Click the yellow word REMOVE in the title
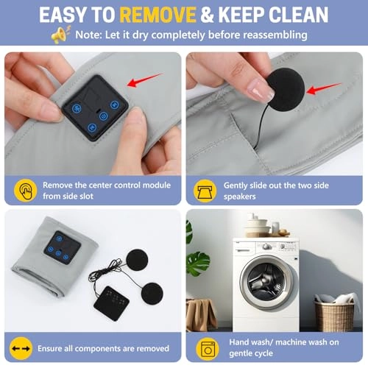[x=158, y=15]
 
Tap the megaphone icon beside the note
[x=60, y=35]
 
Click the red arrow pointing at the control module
[x=145, y=79]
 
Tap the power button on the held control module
[x=104, y=116]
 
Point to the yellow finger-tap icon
[x=25, y=191]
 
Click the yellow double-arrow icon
[x=21, y=348]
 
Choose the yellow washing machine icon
[x=208, y=348]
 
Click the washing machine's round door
[x=266, y=282]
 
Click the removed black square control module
[x=112, y=303]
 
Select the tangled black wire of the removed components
[x=105, y=272]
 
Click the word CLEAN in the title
[x=298, y=15]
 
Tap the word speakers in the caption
[x=239, y=197]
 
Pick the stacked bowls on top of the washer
[x=258, y=226]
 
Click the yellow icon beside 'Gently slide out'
[x=205, y=191]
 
